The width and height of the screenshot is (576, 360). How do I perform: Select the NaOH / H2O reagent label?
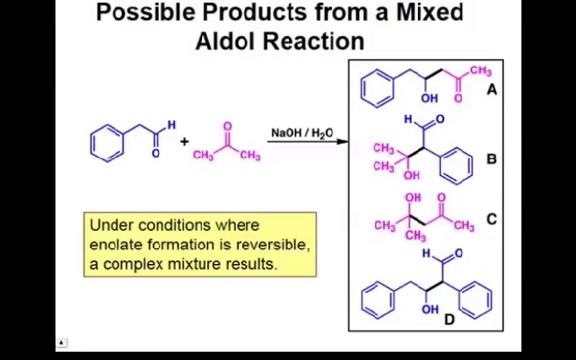coord(302,132)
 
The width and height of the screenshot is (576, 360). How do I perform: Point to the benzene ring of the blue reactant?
coord(107,142)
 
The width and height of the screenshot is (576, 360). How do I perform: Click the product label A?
coord(491,89)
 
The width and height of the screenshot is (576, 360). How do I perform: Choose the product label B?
coord(491,159)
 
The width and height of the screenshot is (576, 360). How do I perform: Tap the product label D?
coord(450,319)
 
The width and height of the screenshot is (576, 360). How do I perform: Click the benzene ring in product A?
coord(377,87)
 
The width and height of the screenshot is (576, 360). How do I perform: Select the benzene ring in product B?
coord(456,164)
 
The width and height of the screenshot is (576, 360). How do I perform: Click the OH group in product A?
coord(429,98)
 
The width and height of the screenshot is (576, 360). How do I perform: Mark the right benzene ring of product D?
coord(475,297)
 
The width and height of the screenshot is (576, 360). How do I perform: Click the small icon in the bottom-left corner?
coord(61,343)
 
